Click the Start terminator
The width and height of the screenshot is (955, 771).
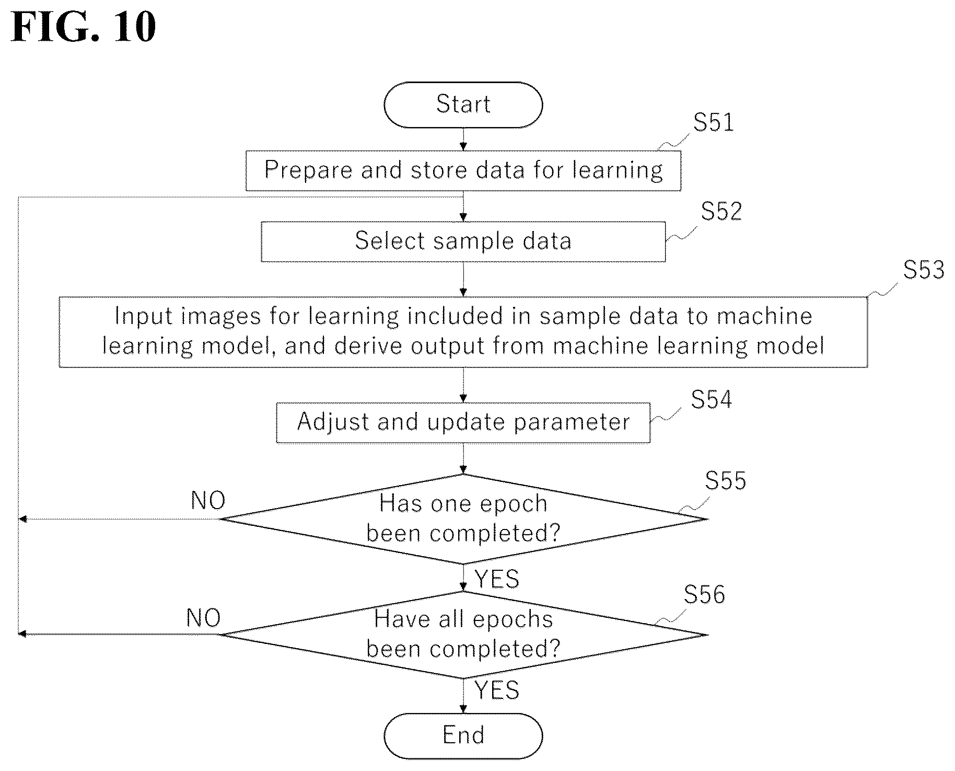[x=463, y=105]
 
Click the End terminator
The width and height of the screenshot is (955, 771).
[x=463, y=735]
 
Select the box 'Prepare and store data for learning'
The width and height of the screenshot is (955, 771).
[x=463, y=170]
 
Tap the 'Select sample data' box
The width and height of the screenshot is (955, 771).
[x=463, y=241]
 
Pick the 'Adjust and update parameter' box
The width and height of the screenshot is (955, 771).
[x=463, y=422]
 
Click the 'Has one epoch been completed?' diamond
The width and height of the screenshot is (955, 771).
[x=463, y=519]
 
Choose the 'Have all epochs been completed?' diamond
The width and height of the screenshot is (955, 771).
[x=463, y=635]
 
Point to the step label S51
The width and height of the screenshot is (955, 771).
[x=714, y=122]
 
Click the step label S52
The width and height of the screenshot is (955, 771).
[x=721, y=211]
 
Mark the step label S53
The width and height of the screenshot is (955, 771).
[x=924, y=269]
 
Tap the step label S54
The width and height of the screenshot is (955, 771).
[x=712, y=399]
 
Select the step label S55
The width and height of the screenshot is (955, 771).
[x=726, y=480]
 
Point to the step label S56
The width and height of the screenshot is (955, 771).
[x=705, y=594]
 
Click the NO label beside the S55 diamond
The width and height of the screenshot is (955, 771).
[x=208, y=501]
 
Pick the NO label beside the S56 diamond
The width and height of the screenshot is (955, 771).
[x=203, y=618]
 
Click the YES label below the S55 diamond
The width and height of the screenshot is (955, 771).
[x=497, y=579]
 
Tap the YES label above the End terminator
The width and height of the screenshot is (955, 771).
[x=497, y=691]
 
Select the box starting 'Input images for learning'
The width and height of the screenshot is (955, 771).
[x=463, y=332]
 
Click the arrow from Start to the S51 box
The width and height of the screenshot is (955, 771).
[x=463, y=139]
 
